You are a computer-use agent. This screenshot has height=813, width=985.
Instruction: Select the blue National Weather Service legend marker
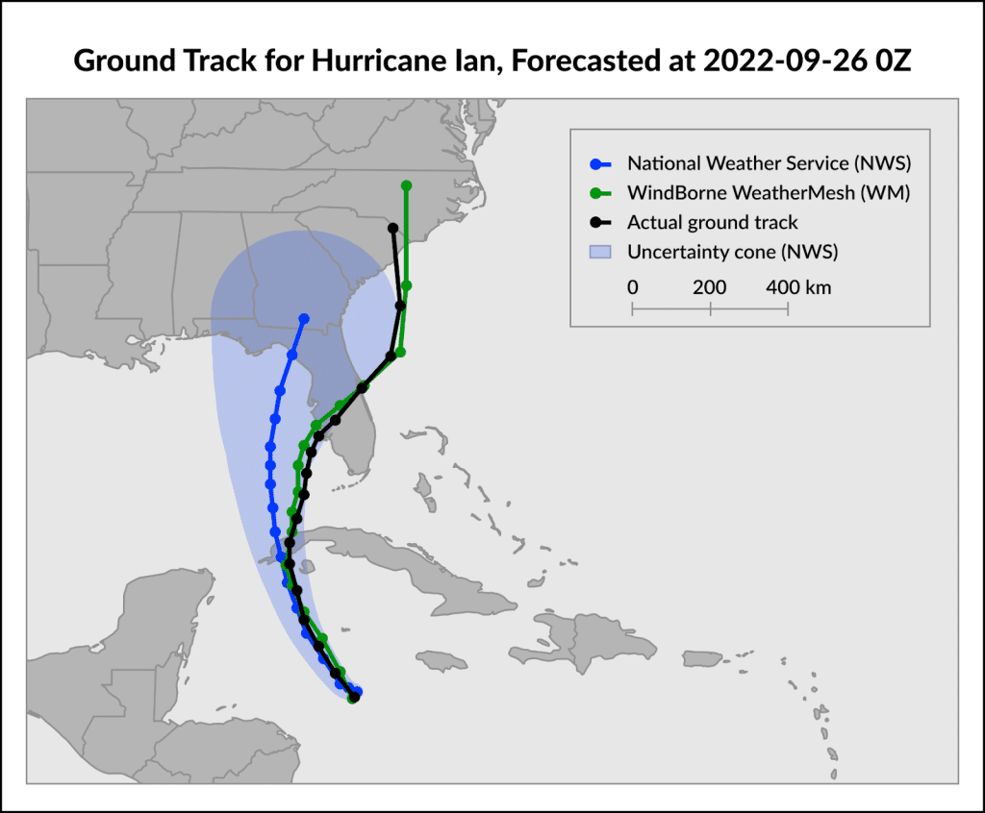tap(600, 162)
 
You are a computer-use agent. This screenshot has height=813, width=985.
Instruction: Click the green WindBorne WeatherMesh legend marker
tap(600, 192)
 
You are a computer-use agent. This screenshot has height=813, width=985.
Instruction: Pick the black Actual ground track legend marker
tap(600, 223)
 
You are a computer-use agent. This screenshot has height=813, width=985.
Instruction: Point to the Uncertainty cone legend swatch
tap(600, 253)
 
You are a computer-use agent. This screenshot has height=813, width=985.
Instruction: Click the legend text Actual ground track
tap(712, 223)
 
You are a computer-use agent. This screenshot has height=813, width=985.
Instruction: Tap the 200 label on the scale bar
tap(709, 287)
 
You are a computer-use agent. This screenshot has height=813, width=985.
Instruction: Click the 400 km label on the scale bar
tap(798, 287)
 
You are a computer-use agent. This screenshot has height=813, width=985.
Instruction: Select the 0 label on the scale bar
tap(632, 287)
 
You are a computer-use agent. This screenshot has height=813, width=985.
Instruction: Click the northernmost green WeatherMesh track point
tap(406, 185)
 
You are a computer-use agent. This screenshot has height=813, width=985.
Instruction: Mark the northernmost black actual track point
tap(392, 228)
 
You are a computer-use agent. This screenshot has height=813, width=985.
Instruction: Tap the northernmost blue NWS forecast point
tap(304, 318)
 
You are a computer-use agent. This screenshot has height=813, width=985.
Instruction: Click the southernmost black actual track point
tap(353, 697)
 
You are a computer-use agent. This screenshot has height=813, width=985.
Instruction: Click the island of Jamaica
tap(446, 660)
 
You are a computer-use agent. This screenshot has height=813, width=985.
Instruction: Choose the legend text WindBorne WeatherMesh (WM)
tap(769, 192)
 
